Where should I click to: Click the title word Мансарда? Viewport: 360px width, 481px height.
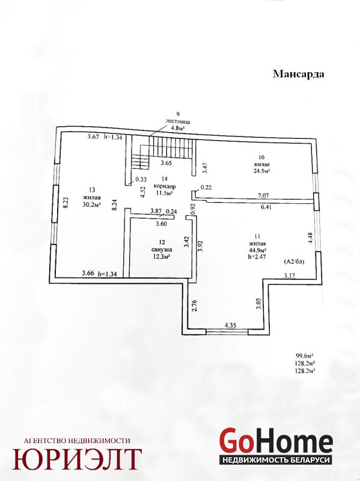point(298,74)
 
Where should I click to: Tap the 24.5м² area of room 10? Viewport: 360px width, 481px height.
point(261,171)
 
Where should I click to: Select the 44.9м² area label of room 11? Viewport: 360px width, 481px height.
point(258,250)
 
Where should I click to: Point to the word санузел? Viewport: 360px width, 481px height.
point(162,250)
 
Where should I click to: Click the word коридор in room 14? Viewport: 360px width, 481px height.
point(165,186)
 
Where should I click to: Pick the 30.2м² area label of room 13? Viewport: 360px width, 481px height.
point(92,204)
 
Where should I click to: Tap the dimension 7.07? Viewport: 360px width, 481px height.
point(263,195)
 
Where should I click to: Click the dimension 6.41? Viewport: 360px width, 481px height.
point(266,207)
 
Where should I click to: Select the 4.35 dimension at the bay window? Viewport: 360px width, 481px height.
point(230,325)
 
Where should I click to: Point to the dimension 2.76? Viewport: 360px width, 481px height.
point(194,306)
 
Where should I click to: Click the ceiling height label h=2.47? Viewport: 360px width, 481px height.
point(257,257)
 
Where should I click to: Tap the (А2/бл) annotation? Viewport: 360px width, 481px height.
point(294,262)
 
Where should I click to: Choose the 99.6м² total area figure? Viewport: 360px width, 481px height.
point(304,356)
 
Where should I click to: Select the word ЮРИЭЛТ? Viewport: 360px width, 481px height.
point(77,459)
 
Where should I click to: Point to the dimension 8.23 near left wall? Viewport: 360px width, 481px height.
point(66,203)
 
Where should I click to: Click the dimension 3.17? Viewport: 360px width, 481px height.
point(289,275)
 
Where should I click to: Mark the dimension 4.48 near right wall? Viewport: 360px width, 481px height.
point(310,238)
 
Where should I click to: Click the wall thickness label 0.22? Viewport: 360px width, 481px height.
point(206,188)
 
